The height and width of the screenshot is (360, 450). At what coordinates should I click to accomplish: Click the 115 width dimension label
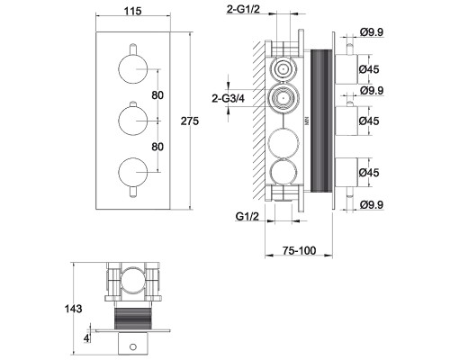[132, 11]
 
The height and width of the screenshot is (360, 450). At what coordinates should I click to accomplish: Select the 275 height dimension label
[190, 121]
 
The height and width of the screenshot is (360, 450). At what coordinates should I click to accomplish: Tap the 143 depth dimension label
[73, 309]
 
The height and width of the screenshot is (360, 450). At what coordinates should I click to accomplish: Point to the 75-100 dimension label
[299, 250]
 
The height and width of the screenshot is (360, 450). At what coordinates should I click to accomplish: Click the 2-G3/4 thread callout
[228, 98]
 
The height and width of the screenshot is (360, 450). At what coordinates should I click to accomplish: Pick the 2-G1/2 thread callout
[243, 9]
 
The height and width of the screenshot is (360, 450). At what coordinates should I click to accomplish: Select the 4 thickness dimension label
[86, 338]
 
